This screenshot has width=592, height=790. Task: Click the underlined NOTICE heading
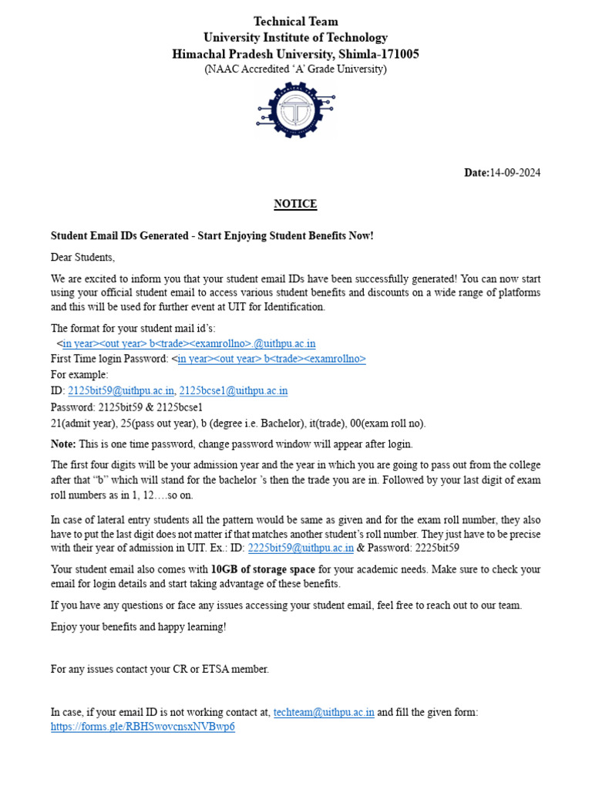tap(295, 204)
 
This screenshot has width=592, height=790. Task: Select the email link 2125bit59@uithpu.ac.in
tap(121, 391)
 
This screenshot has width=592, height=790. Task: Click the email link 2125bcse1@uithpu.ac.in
tap(234, 391)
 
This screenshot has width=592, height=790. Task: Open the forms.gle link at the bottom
tap(143, 727)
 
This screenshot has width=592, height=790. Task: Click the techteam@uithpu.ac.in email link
tap(324, 712)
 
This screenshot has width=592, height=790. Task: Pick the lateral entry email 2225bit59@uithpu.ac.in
tap(301, 549)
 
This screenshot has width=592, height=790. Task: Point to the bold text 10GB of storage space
tap(263, 569)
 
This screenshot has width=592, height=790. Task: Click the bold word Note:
tap(63, 444)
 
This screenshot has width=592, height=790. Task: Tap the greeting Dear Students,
tap(82, 257)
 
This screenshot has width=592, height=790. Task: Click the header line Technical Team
tap(295, 22)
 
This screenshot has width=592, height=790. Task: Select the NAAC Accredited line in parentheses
tap(295, 69)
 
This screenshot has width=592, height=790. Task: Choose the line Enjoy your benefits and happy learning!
tap(139, 626)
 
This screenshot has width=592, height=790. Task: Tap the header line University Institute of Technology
tap(295, 38)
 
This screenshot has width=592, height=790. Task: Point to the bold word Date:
tap(476, 173)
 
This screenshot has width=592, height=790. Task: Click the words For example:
tap(80, 375)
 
